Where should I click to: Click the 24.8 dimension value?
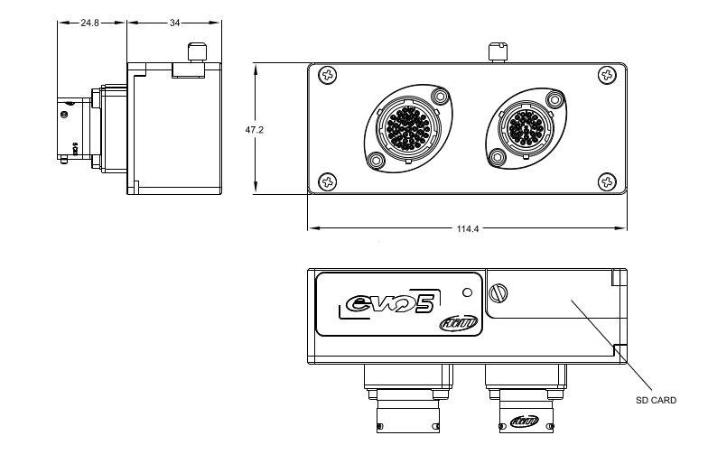[x=89, y=23]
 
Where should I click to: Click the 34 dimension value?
[x=174, y=23]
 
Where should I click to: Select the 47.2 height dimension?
[x=255, y=130]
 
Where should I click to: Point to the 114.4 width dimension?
[x=468, y=228]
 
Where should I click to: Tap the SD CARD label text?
[x=656, y=400]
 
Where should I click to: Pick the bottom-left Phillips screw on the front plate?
[x=330, y=181]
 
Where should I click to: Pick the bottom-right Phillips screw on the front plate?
[x=605, y=181]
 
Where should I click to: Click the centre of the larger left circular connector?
[x=405, y=129]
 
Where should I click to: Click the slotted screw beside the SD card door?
[x=503, y=294]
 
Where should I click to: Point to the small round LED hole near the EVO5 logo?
[x=466, y=292]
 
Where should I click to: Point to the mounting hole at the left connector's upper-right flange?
[x=440, y=97]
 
